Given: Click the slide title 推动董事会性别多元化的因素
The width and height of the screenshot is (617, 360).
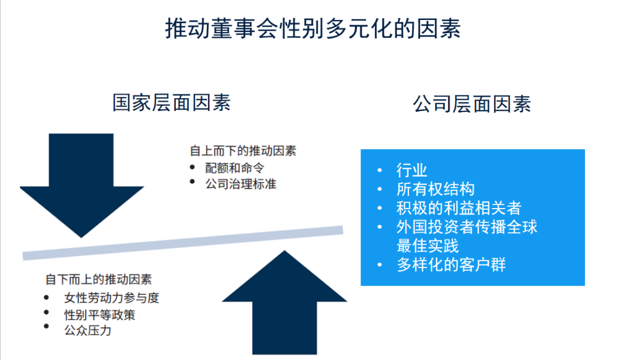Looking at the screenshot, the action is coord(313,29).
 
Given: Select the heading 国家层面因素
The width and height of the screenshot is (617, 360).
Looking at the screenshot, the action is coord(171,102).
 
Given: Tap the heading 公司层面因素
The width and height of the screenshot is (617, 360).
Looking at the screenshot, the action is coord(472,104).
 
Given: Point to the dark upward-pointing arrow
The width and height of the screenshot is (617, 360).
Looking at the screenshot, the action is coord(285,303).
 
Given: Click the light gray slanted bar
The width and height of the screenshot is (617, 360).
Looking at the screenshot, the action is coord(183,243).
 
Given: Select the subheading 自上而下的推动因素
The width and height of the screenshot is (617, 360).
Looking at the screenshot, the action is coord(243,151).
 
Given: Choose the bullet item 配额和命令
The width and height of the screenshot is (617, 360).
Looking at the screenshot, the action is coord(235,168).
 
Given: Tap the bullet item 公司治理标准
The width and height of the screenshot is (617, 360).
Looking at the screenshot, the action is coord(241,184).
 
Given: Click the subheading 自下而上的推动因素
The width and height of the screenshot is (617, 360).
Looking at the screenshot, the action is coord(98,279).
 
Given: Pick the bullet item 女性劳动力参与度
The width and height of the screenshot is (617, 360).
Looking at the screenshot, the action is coord(111,298).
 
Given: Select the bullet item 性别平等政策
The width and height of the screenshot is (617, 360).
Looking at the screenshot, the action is coord(99,315).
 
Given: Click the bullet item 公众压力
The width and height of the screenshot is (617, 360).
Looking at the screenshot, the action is coord(88,330).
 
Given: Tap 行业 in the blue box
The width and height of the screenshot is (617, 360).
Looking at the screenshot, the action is coord(411,170).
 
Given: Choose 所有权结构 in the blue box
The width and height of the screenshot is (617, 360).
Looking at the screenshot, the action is coord(435,189).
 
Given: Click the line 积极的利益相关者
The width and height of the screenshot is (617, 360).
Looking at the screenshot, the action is coord(459,208).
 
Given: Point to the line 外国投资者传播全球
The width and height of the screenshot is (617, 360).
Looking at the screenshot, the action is coord(467,227).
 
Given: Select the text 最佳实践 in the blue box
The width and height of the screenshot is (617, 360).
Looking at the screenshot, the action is coord(427,246).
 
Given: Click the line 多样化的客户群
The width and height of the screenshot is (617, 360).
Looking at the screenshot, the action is coord(451,265).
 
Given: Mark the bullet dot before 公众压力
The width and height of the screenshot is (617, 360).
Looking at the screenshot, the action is coord(46,326).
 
